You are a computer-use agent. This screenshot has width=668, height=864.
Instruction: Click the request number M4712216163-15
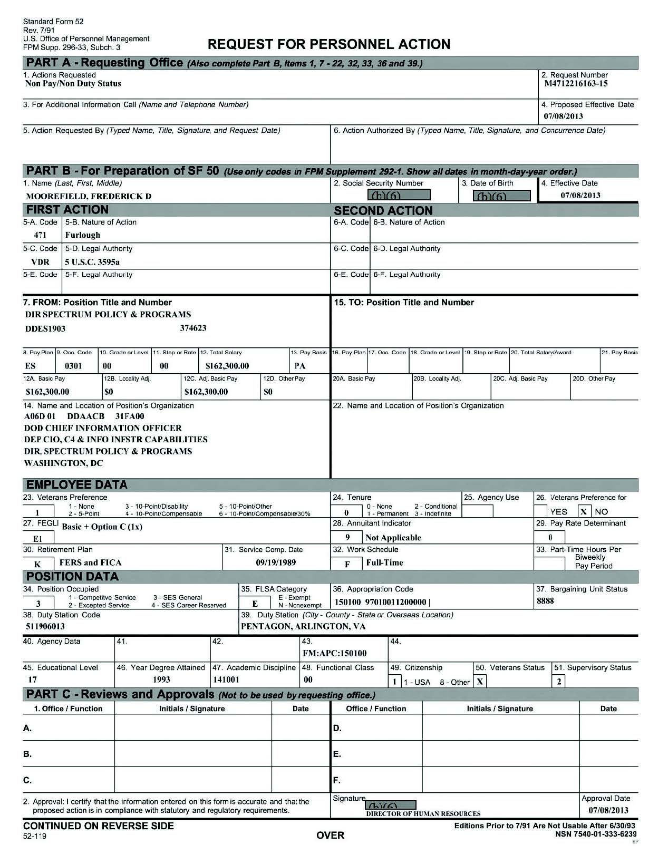(576, 84)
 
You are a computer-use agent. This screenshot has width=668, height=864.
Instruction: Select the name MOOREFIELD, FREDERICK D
(89, 196)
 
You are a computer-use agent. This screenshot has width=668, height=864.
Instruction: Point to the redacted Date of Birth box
(501, 196)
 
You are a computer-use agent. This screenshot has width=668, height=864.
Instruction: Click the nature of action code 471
(40, 235)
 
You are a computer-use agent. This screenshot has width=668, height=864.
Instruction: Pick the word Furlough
(82, 235)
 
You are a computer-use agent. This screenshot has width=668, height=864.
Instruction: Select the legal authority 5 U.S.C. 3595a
(92, 262)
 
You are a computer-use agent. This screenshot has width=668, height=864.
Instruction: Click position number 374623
(193, 328)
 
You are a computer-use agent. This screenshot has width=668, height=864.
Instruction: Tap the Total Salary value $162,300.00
(227, 366)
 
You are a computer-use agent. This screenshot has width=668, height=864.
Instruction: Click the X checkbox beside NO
(584, 511)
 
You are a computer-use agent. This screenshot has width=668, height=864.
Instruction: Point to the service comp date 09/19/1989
(276, 562)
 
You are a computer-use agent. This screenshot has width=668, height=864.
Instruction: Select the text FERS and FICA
(90, 562)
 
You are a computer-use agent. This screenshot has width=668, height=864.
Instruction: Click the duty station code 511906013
(45, 626)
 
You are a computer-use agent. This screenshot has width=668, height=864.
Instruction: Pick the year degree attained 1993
(161, 680)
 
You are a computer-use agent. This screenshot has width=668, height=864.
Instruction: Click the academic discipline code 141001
(226, 680)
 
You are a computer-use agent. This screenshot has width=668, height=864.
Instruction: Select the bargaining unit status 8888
(545, 601)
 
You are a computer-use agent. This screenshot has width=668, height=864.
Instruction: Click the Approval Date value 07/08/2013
(608, 810)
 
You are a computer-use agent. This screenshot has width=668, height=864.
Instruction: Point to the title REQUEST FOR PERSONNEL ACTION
(329, 44)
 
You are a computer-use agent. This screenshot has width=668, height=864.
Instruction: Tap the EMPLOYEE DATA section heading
(77, 485)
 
